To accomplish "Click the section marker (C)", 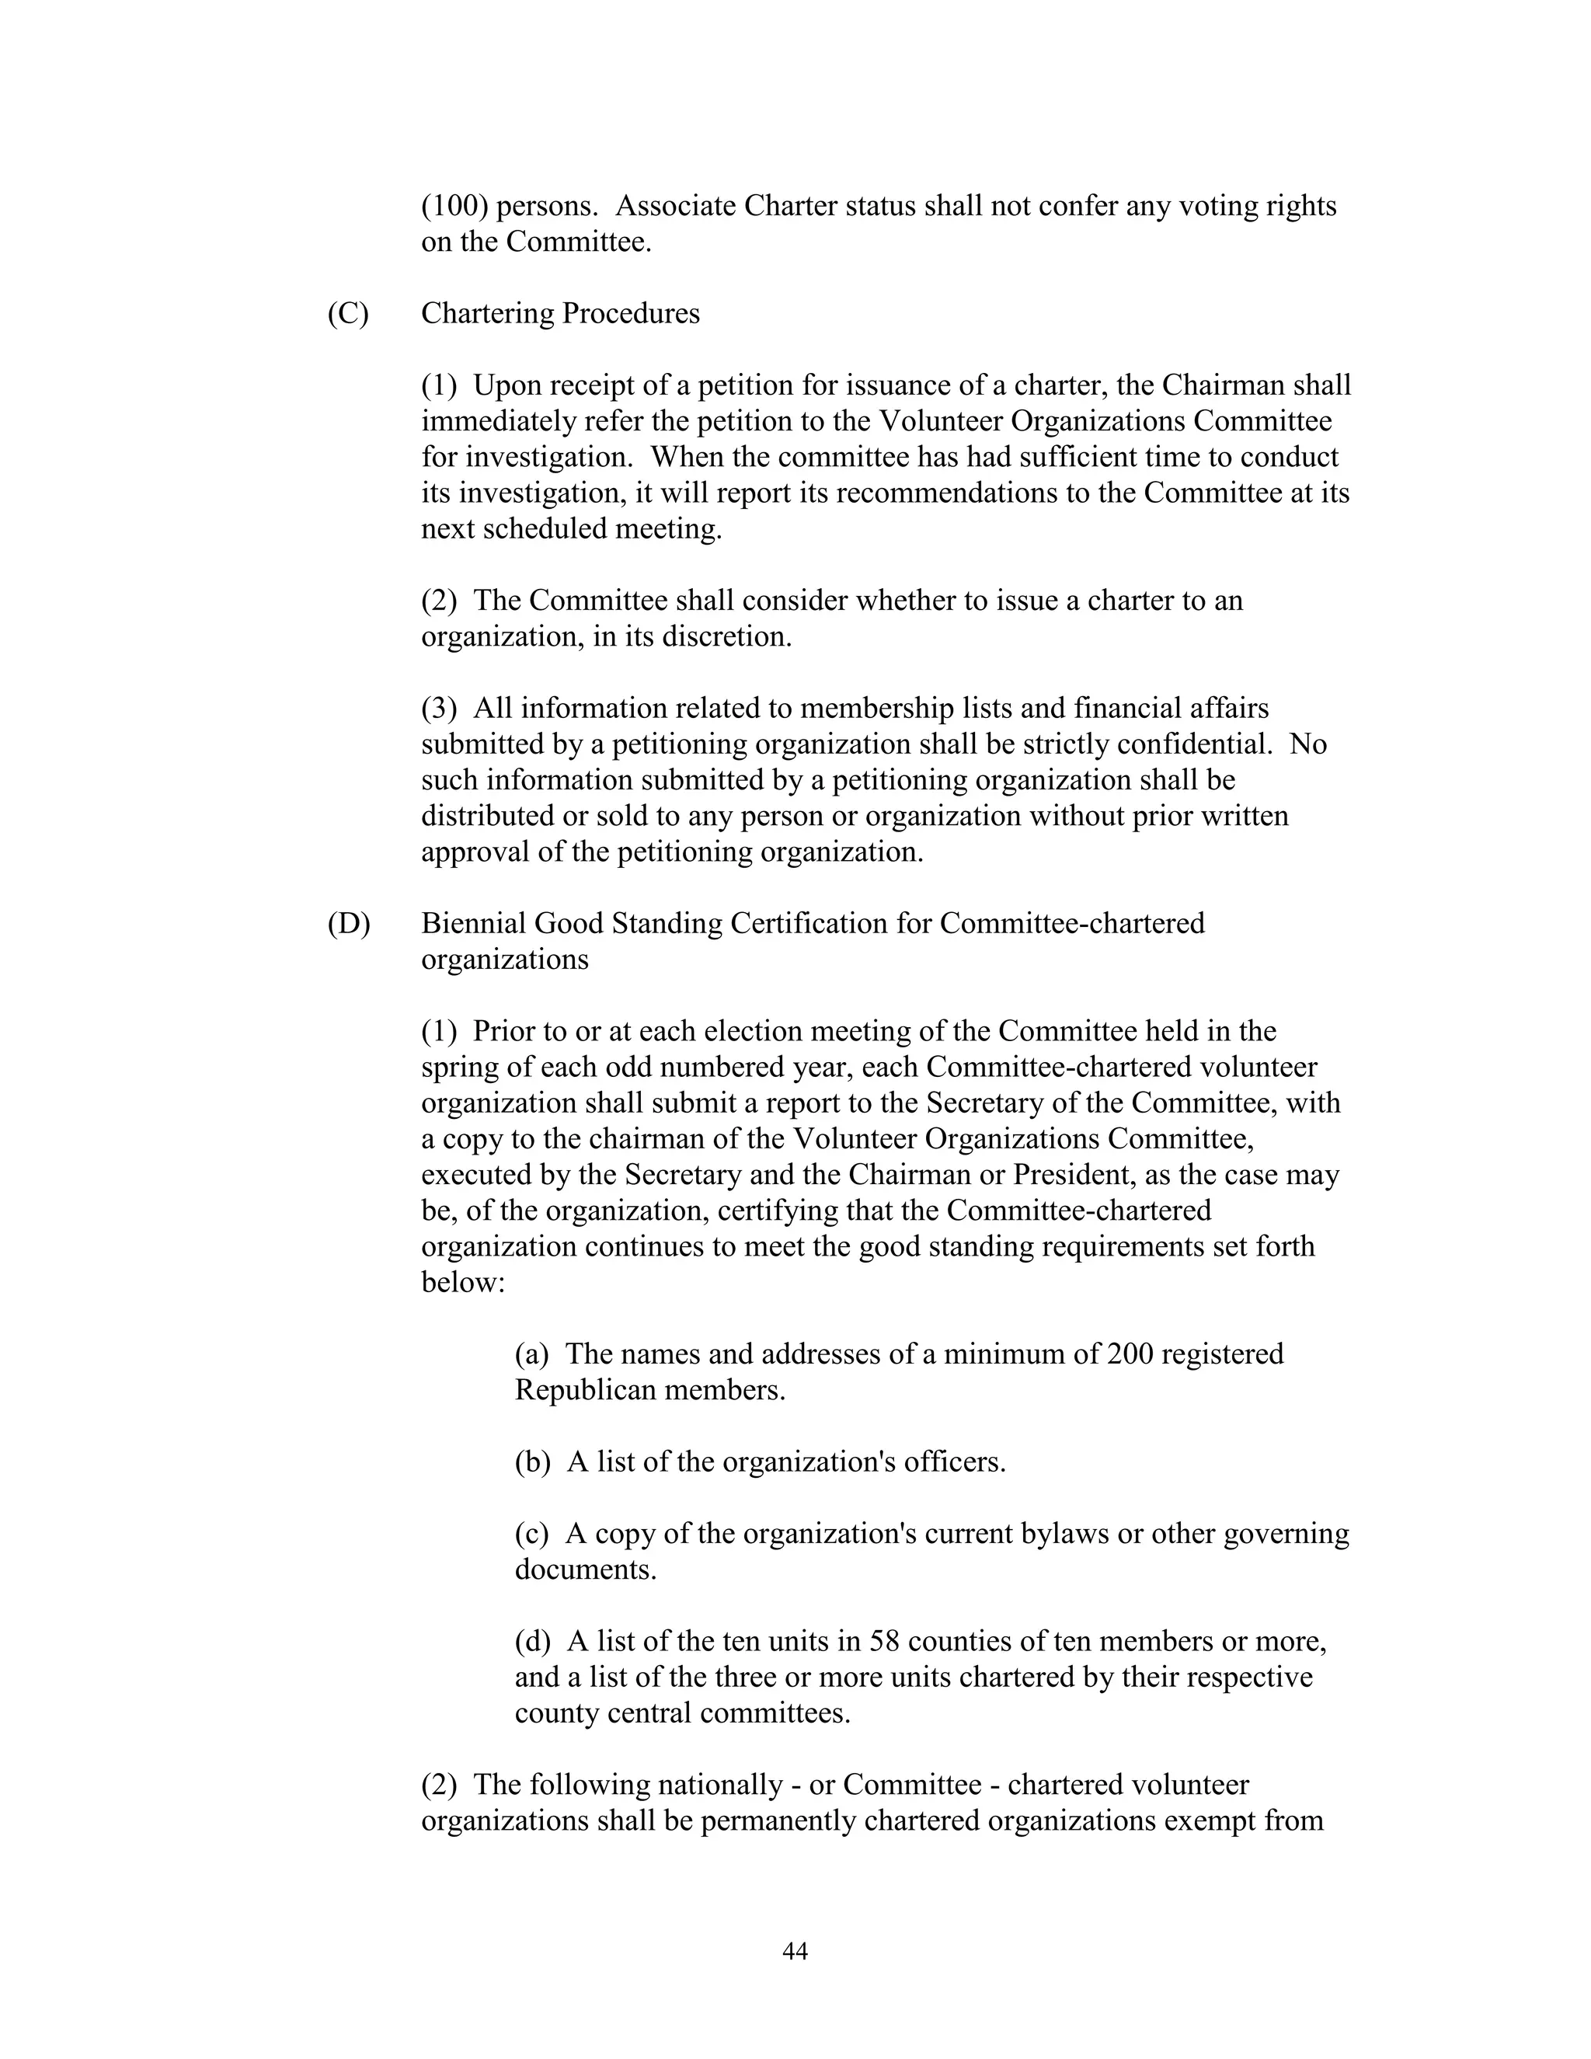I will [x=348, y=314].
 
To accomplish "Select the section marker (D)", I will [x=349, y=924].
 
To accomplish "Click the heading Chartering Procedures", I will [x=560, y=314].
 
